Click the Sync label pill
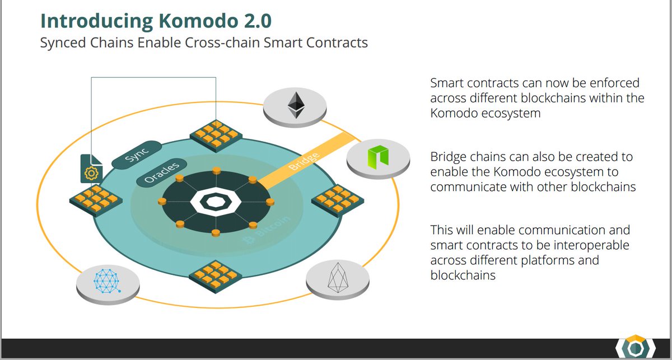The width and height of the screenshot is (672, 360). click(x=137, y=155)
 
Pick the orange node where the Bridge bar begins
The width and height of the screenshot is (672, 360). click(x=252, y=180)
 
